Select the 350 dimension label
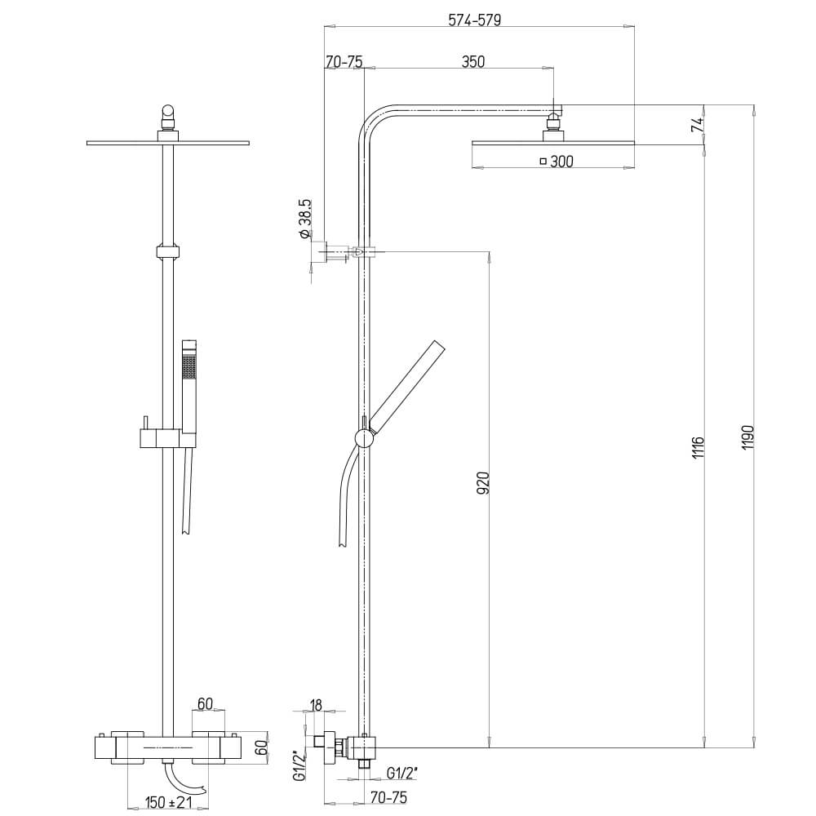point(472,62)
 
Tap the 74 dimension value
point(696,125)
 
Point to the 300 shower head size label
point(561,162)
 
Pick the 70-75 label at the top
point(344,62)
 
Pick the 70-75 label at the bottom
point(388,796)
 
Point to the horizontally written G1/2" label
point(403,773)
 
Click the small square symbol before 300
point(543,162)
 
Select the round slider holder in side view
point(364,438)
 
